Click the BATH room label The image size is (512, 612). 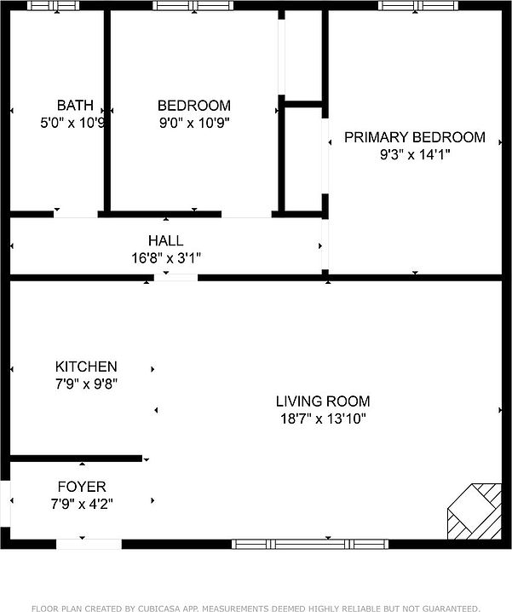[75, 106]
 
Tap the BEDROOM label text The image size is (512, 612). [193, 106]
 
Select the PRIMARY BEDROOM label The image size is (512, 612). [414, 137]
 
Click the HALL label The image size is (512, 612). [165, 241]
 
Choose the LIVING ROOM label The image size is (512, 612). [323, 401]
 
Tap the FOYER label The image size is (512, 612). [82, 488]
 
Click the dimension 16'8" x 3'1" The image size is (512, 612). [165, 257]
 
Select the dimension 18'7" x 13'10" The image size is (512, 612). [323, 418]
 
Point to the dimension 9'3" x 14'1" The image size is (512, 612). [414, 154]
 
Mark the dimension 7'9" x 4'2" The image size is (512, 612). [82, 504]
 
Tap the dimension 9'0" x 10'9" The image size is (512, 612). [193, 122]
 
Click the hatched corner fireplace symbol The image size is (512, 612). [475, 511]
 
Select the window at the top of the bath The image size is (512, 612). [53, 6]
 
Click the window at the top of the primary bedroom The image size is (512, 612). [411, 6]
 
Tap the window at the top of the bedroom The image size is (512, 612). [193, 6]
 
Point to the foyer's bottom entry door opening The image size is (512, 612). [89, 543]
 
